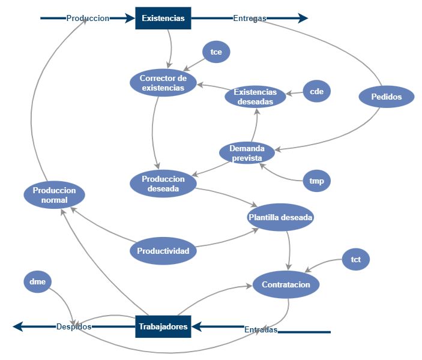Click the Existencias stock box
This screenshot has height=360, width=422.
[163, 19]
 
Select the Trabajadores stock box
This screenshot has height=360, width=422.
[163, 327]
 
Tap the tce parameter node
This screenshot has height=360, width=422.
[216, 52]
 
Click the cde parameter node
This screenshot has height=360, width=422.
[316, 92]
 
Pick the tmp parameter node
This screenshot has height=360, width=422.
[316, 181]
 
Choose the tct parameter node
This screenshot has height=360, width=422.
[355, 260]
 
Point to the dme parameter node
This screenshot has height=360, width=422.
[38, 281]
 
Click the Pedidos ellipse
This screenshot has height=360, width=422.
[387, 97]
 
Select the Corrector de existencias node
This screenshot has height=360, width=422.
[163, 83]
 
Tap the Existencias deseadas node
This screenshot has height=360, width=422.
[255, 97]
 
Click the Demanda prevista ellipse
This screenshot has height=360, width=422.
[246, 153]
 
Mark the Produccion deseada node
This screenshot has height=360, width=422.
[163, 184]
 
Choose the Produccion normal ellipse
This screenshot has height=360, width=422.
[54, 195]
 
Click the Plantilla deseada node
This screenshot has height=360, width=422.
[280, 218]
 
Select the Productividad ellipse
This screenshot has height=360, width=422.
[163, 251]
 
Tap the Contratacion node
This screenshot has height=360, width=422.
[286, 284]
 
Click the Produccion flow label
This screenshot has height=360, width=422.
[88, 19]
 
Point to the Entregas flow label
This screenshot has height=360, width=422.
[250, 19]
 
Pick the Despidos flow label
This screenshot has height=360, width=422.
[74, 327]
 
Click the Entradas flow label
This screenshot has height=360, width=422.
[261, 330]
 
